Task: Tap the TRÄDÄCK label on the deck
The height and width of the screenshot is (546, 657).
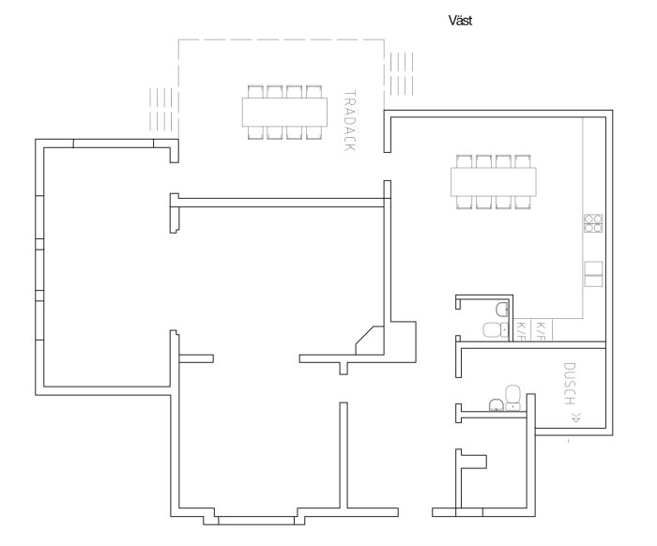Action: (349, 121)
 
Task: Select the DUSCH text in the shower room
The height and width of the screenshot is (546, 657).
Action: (570, 383)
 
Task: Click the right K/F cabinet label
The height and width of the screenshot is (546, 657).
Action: (541, 329)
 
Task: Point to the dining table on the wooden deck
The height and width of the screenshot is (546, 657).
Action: (284, 112)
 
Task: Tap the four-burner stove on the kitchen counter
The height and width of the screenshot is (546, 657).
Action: (593, 223)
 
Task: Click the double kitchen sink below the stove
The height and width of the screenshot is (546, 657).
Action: (593, 273)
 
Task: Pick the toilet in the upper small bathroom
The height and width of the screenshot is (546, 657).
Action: (493, 329)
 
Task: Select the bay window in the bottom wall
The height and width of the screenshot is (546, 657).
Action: (256, 517)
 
